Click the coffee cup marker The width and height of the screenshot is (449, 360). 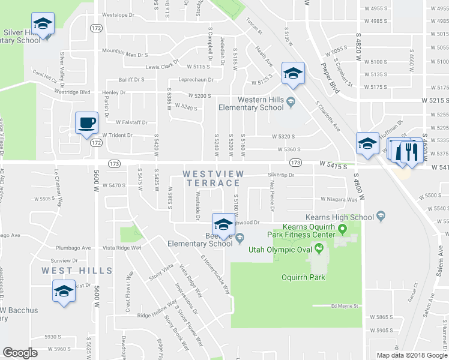click(x=86, y=123)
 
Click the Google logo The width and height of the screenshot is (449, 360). click(x=20, y=353)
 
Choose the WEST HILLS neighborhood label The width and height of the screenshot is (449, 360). click(x=77, y=271)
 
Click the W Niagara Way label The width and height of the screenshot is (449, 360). click(x=339, y=199)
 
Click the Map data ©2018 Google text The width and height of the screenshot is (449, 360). click(x=411, y=355)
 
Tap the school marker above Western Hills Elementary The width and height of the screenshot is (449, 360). click(x=293, y=74)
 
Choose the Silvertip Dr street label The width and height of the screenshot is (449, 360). click(x=281, y=175)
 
